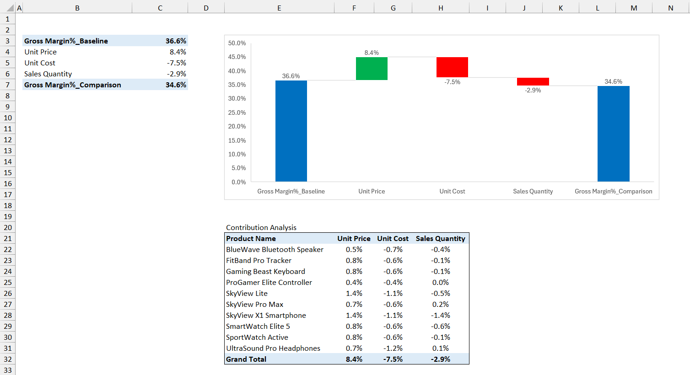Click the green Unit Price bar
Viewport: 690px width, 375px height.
tap(372, 69)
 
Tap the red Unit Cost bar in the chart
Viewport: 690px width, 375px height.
tap(452, 67)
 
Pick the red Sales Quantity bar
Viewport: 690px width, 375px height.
tap(533, 82)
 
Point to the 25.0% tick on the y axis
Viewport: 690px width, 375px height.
tap(237, 112)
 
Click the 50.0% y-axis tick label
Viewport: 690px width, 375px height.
tap(237, 43)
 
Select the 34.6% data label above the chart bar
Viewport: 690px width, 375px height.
tap(613, 81)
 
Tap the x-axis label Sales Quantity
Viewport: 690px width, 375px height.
tap(533, 191)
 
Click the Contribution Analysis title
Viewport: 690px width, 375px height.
tap(261, 227)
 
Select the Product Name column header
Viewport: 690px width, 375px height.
tap(251, 238)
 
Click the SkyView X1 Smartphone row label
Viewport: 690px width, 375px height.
tap(266, 315)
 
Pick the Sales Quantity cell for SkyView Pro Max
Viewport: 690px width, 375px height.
tap(440, 304)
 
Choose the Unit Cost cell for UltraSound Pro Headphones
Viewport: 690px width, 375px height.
tap(393, 348)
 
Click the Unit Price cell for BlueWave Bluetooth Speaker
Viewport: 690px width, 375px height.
tap(354, 249)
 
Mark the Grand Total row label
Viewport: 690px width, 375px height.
tap(246, 359)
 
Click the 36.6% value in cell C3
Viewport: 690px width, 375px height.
tap(176, 41)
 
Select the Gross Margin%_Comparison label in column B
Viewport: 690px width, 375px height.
tap(73, 85)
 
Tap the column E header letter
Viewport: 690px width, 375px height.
tap(279, 8)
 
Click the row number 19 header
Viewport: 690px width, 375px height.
tap(8, 216)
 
